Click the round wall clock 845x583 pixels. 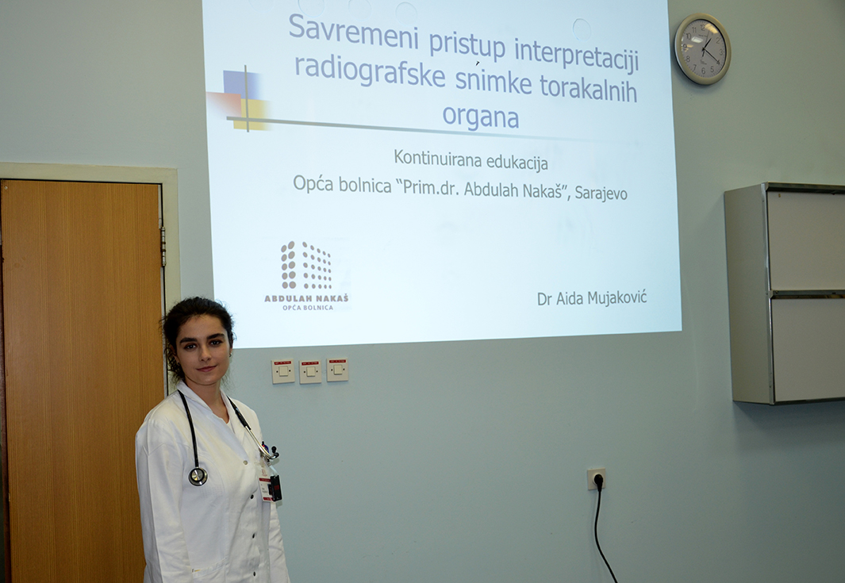click(x=702, y=49)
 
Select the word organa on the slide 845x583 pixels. click(x=480, y=117)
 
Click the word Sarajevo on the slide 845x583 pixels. click(x=601, y=193)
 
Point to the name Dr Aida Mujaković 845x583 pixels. click(x=592, y=297)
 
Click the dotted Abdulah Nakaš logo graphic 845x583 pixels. click(x=306, y=265)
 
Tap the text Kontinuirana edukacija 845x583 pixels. click(x=471, y=160)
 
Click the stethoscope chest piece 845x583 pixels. click(x=198, y=476)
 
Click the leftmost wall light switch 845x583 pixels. click(x=283, y=371)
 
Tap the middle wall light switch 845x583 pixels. click(x=310, y=371)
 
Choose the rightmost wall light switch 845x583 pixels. click(x=337, y=370)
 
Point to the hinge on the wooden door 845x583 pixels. click(x=163, y=246)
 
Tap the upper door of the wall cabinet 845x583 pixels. click(x=806, y=240)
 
